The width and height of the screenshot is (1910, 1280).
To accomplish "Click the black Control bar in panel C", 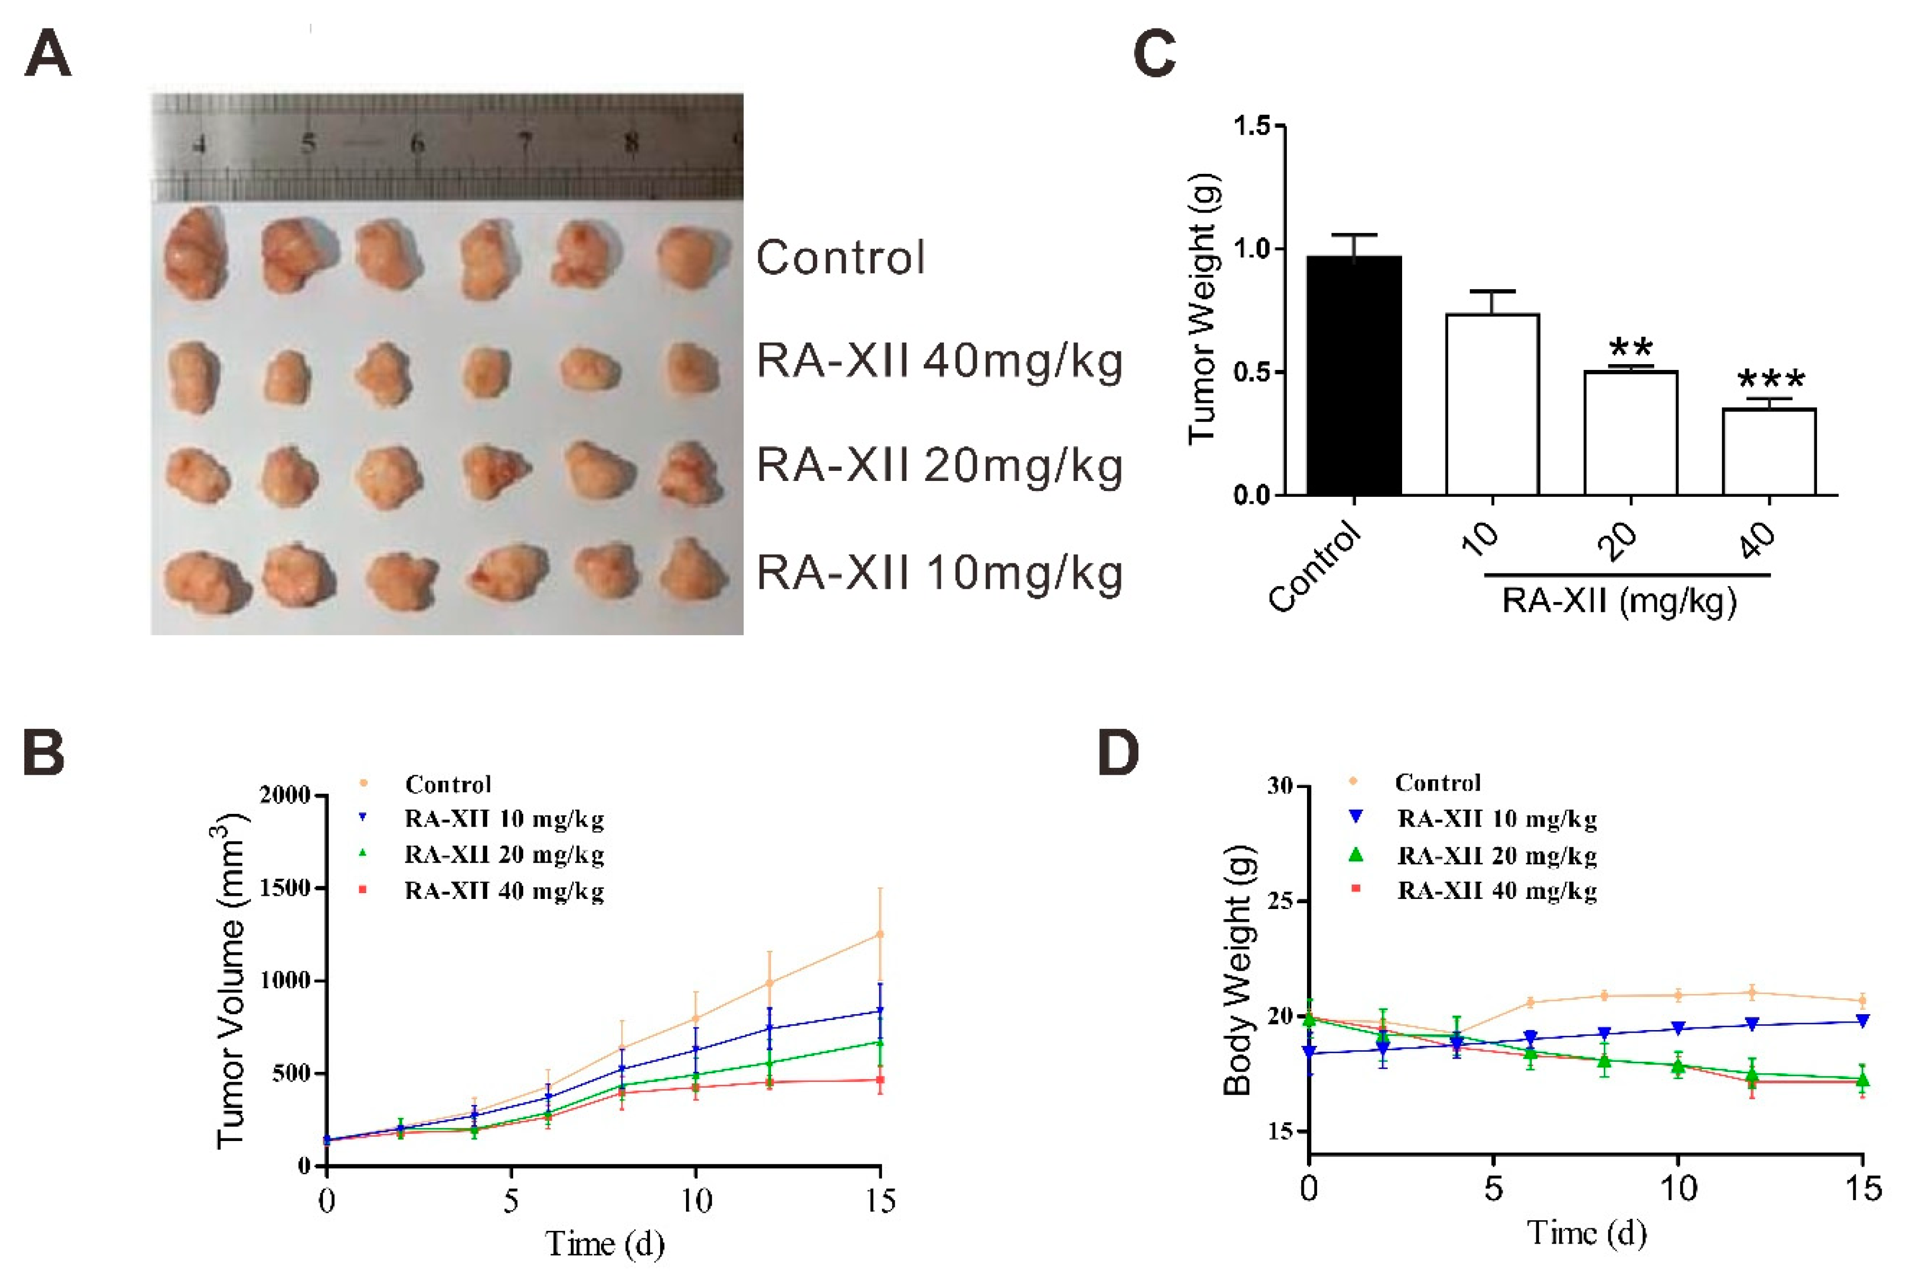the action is [x=1354, y=376].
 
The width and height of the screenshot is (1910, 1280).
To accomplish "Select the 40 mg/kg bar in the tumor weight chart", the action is [x=1769, y=451].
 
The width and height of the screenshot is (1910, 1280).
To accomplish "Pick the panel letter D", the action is [x=1118, y=754].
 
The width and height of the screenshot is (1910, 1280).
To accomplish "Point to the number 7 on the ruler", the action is [x=525, y=144].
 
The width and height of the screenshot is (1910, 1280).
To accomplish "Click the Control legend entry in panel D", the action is [x=1415, y=782].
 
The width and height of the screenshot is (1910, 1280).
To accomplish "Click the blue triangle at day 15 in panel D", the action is [x=1862, y=1021].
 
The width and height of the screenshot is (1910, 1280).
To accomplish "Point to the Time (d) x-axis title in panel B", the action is [x=605, y=1244].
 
